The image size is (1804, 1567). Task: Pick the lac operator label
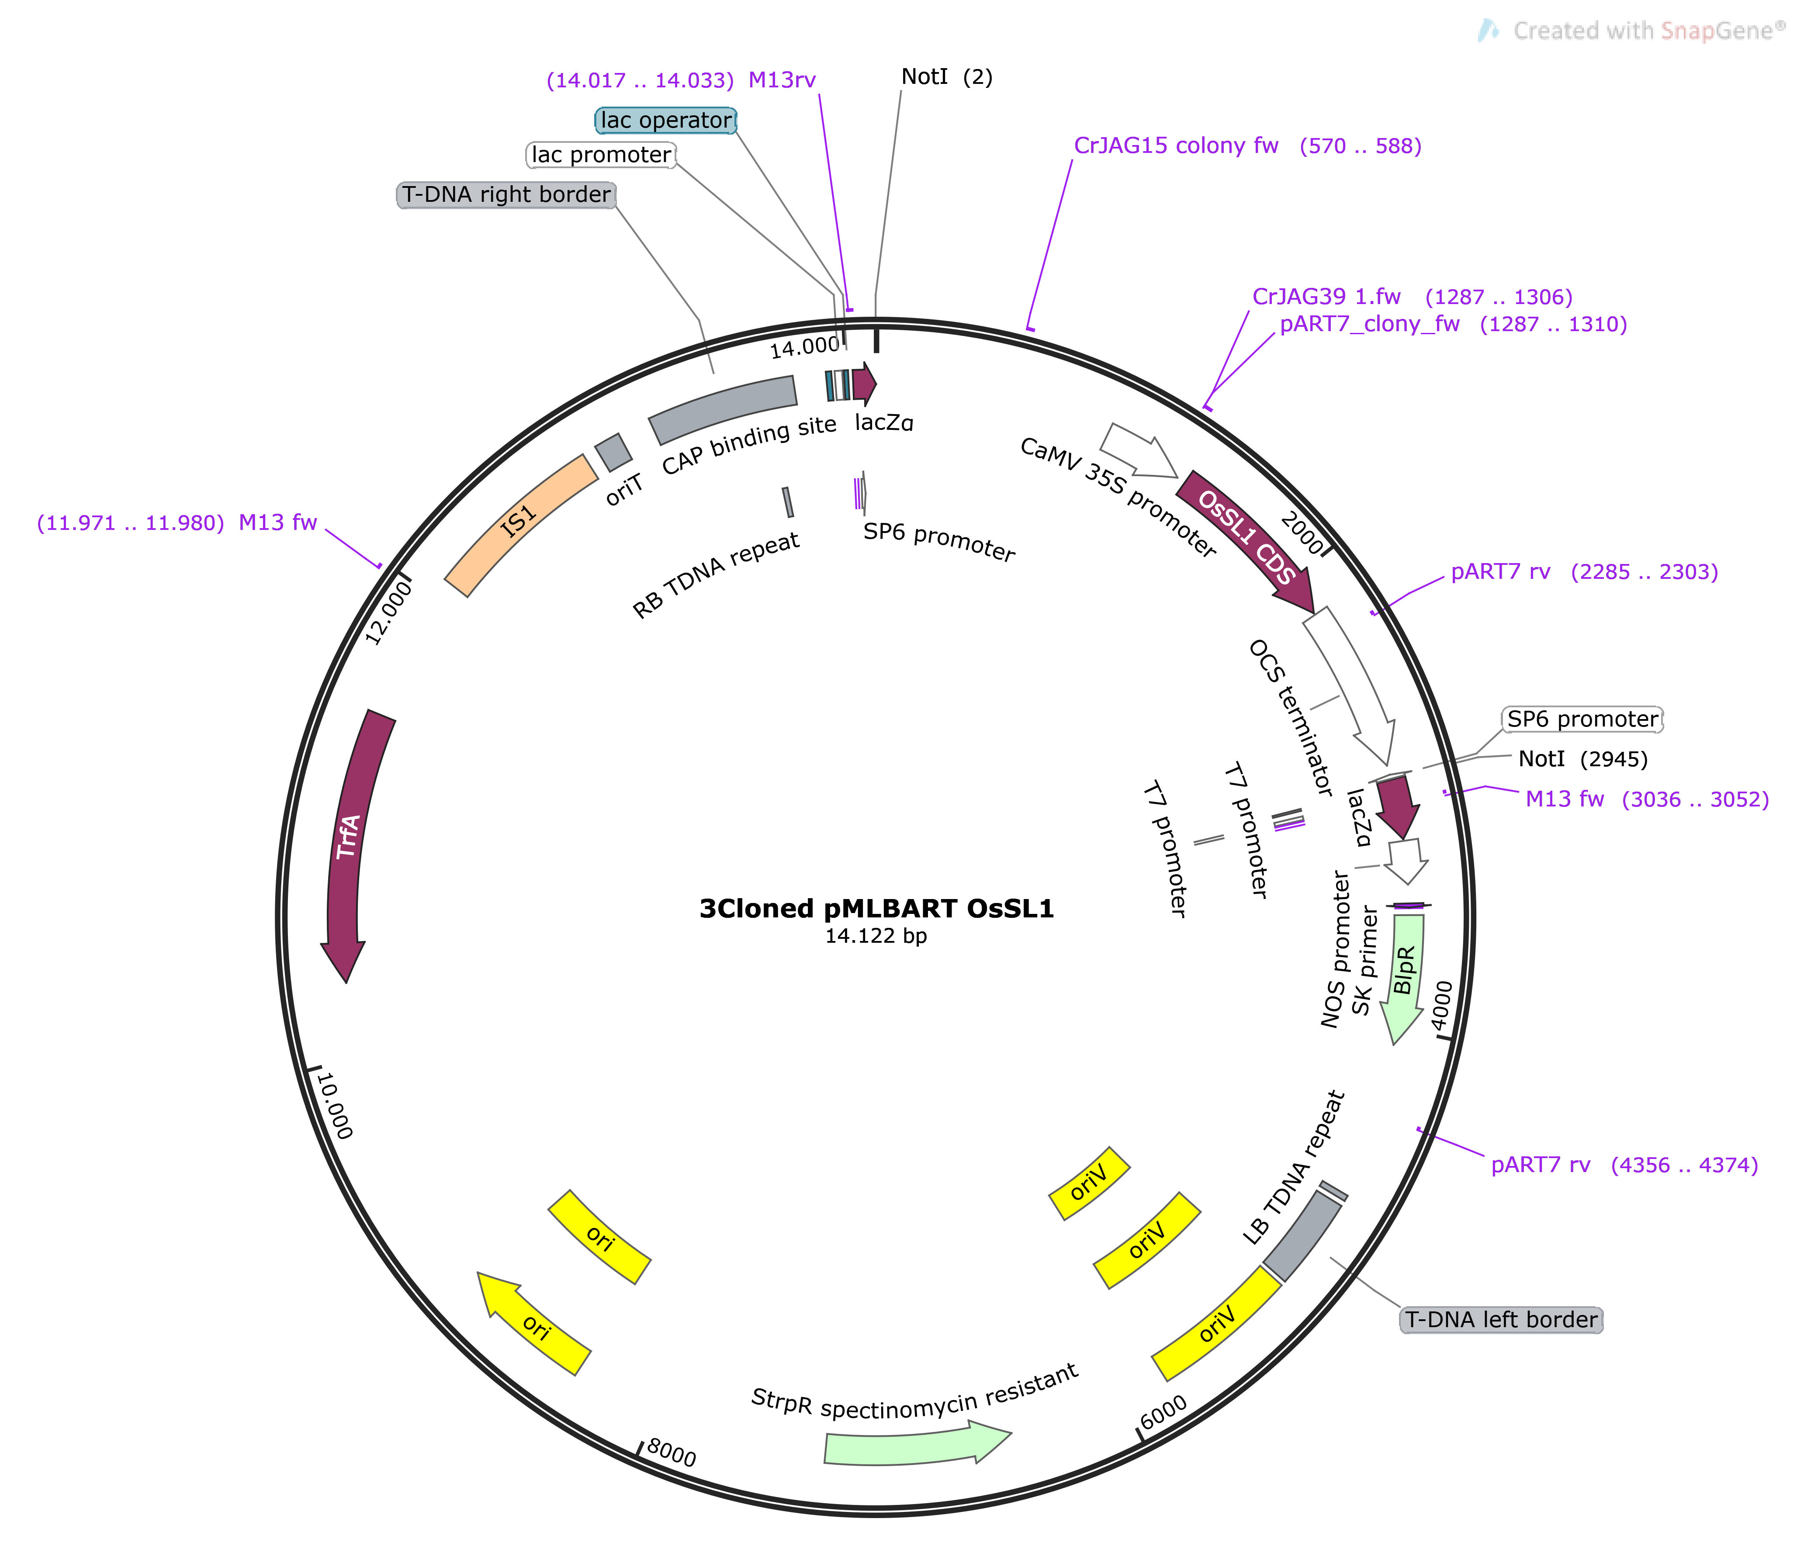pyautogui.click(x=666, y=121)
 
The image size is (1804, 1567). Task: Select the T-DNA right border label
pyautogui.click(x=506, y=195)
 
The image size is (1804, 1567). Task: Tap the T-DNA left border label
pyautogui.click(x=1500, y=1320)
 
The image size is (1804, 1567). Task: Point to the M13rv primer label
pyautogui.click(x=782, y=80)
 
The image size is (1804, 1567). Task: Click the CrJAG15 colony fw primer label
pyautogui.click(x=1176, y=146)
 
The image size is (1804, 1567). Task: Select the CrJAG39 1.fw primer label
pyautogui.click(x=1326, y=297)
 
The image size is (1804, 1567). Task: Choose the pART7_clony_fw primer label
pyautogui.click(x=1369, y=325)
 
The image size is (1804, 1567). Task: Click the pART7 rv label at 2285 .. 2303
pyautogui.click(x=1500, y=572)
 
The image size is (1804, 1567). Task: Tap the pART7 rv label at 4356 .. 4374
pyautogui.click(x=1541, y=1165)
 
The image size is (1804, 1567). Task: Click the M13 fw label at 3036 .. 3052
pyautogui.click(x=1565, y=799)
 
